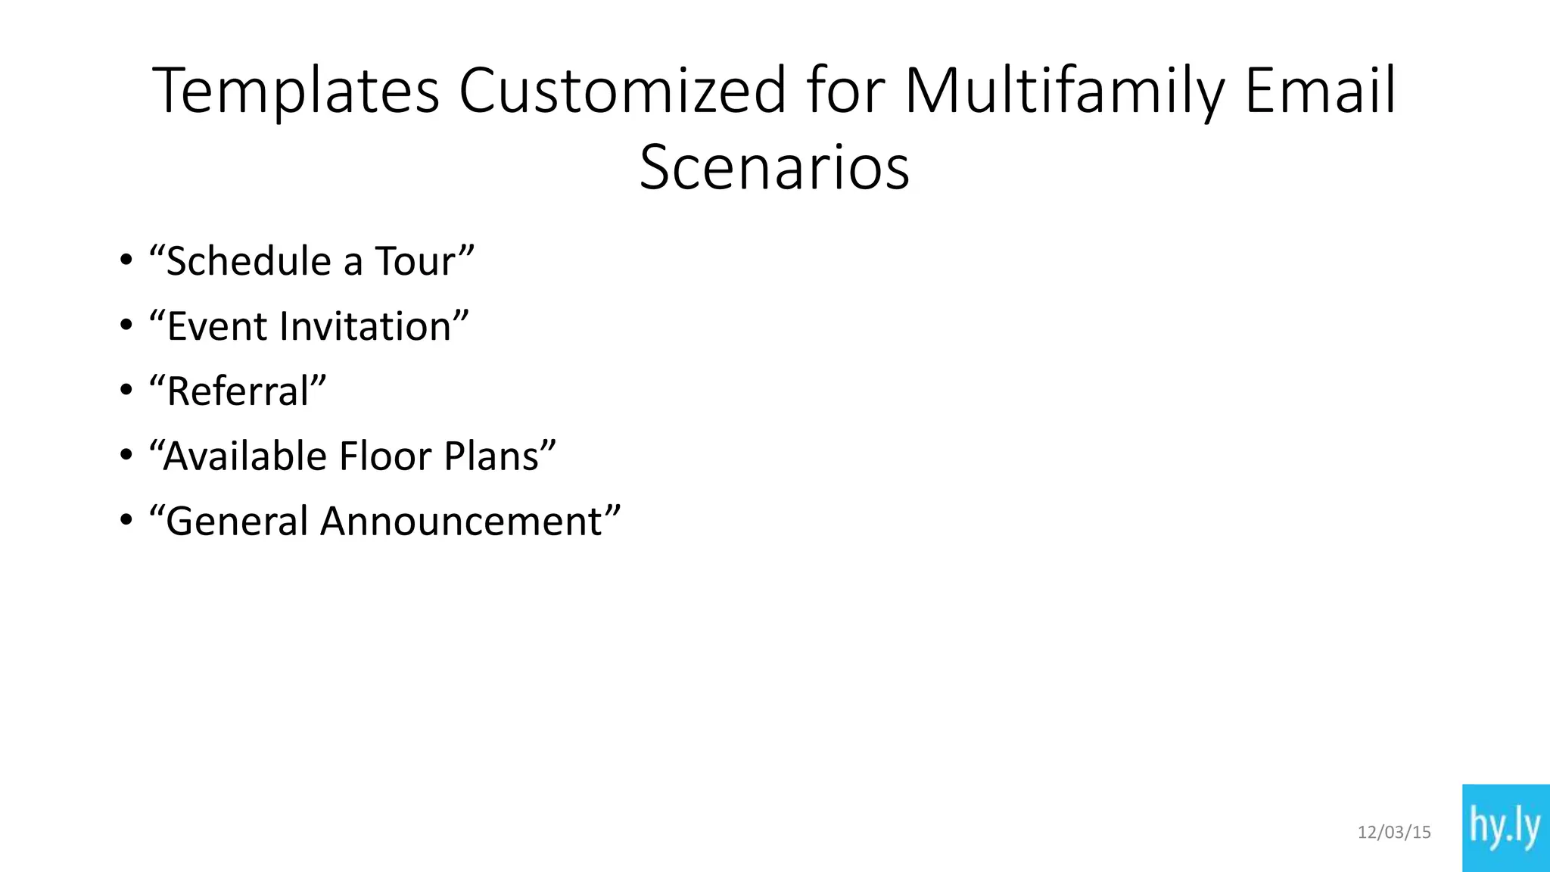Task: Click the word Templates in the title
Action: pos(296,92)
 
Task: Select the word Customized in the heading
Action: pos(622,90)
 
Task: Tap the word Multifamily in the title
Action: pos(1064,92)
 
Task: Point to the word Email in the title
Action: pos(1320,90)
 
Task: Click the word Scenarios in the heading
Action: pos(774,167)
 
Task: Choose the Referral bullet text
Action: pos(238,391)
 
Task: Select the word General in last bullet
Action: pos(236,522)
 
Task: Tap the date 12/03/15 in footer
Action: pos(1394,833)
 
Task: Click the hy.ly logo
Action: pos(1505,827)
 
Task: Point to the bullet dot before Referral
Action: pos(126,391)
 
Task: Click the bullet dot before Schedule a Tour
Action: pos(126,260)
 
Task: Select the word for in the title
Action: pos(845,90)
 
